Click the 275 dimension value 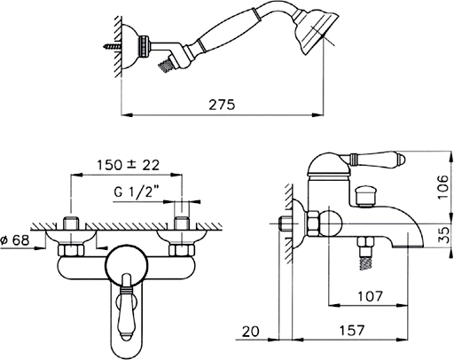pyautogui.click(x=222, y=105)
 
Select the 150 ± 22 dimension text pyautogui.click(x=128, y=165)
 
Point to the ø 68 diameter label pyautogui.click(x=15, y=240)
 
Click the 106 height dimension pyautogui.click(x=442, y=187)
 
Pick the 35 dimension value pyautogui.click(x=443, y=235)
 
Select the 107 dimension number pyautogui.click(x=370, y=296)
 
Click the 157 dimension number pyautogui.click(x=352, y=330)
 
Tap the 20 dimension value pyautogui.click(x=250, y=332)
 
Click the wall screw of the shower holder pyautogui.click(x=112, y=46)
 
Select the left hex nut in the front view pyautogui.click(x=71, y=250)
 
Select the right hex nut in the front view pyautogui.click(x=182, y=250)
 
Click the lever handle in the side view pyautogui.click(x=374, y=160)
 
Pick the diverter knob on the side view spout pyautogui.click(x=365, y=195)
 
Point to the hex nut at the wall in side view pyautogui.click(x=313, y=223)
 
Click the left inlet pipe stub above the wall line pyautogui.click(x=71, y=223)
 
